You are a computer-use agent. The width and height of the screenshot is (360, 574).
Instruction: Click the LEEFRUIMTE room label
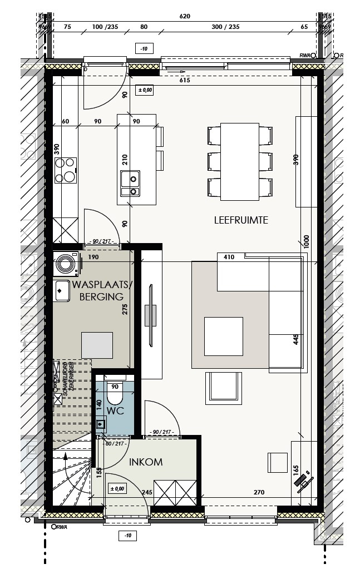pyautogui.click(x=241, y=220)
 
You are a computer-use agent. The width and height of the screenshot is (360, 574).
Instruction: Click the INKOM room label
pyautogui.click(x=146, y=462)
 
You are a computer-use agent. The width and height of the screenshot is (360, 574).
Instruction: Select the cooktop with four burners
pyautogui.click(x=65, y=170)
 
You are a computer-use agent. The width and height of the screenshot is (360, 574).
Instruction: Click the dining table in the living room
pyautogui.click(x=240, y=161)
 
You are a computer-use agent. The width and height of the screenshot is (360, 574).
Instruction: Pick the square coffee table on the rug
pyautogui.click(x=223, y=336)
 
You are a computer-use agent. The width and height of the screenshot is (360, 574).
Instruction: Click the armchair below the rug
pyautogui.click(x=224, y=388)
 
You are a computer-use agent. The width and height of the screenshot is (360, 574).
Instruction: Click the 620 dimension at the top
pyautogui.click(x=185, y=17)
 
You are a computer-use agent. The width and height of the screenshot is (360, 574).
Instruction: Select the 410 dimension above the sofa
pyautogui.click(x=228, y=257)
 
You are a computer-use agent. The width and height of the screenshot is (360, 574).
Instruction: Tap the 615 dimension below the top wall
pyautogui.click(x=185, y=81)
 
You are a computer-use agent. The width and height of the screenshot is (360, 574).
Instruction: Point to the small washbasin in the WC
pyautogui.click(x=100, y=425)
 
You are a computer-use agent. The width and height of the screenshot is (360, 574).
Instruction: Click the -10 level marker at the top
pyautogui.click(x=144, y=49)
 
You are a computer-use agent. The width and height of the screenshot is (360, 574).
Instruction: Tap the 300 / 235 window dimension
pyautogui.click(x=225, y=26)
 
